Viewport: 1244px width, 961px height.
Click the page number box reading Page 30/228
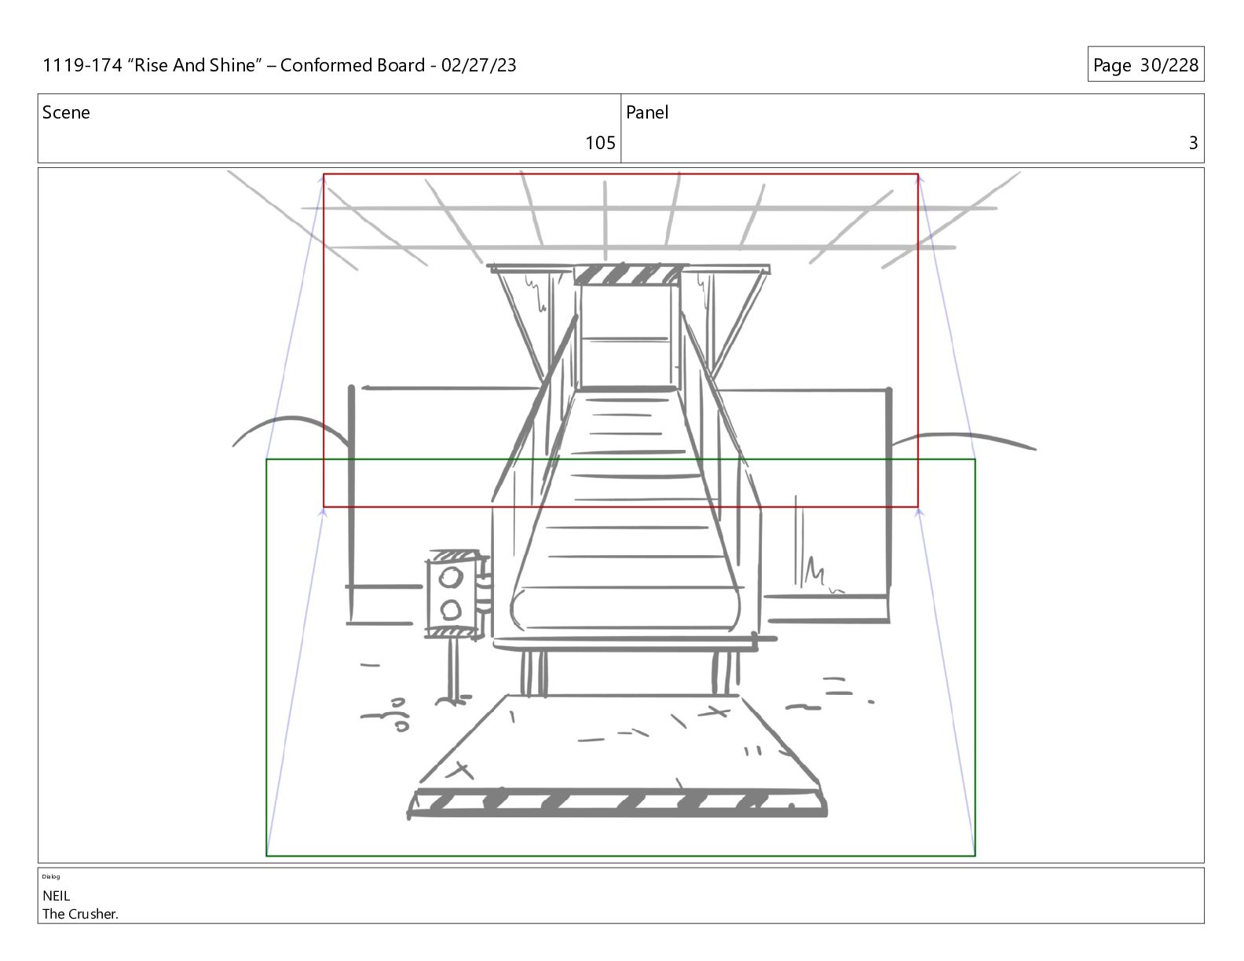[x=1146, y=64]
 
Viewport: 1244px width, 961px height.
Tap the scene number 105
[x=600, y=143]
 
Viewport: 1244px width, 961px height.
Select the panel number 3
[x=1193, y=143]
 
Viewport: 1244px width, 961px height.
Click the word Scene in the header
[x=66, y=112]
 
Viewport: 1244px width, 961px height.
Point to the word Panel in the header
[x=647, y=112]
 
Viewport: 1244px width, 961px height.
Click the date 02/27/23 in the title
[x=478, y=65]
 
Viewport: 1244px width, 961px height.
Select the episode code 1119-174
[x=82, y=65]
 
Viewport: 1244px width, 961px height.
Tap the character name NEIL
[x=56, y=896]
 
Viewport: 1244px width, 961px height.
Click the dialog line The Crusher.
[x=80, y=914]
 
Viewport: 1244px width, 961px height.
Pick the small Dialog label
[x=51, y=876]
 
